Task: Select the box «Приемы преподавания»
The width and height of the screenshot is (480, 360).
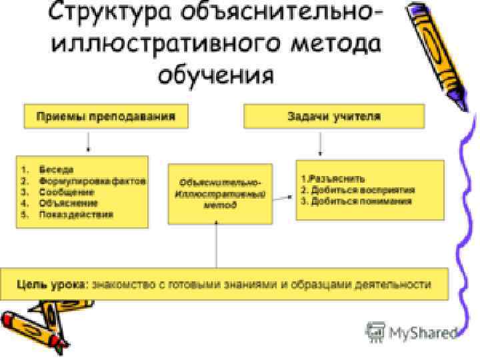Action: [x=105, y=117]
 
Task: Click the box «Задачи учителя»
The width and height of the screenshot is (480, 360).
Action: [x=333, y=117]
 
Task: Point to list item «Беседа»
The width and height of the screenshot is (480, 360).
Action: [x=56, y=169]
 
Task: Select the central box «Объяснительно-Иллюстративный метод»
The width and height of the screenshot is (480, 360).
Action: [x=219, y=193]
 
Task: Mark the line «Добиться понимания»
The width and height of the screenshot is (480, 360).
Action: [x=360, y=201]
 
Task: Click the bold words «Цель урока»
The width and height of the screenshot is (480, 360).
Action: [x=51, y=284]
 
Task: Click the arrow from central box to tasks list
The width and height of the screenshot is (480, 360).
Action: [x=283, y=197]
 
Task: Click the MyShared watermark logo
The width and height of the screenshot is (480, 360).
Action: [x=413, y=332]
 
